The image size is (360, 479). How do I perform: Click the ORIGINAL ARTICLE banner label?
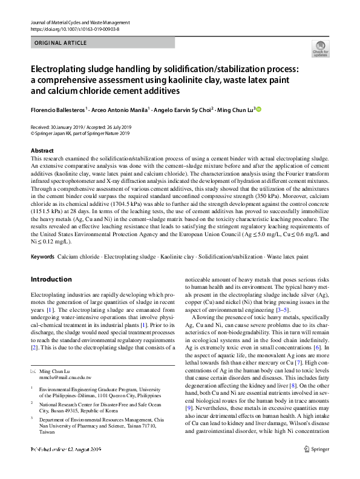(61, 43)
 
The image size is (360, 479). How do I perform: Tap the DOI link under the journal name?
(73, 29)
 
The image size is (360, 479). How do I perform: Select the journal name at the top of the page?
(79, 22)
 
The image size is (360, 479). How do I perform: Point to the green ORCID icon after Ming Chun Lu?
(258, 110)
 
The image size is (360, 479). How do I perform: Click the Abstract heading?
(42, 150)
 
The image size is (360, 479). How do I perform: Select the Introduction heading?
(51, 279)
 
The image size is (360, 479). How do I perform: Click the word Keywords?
(42, 257)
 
